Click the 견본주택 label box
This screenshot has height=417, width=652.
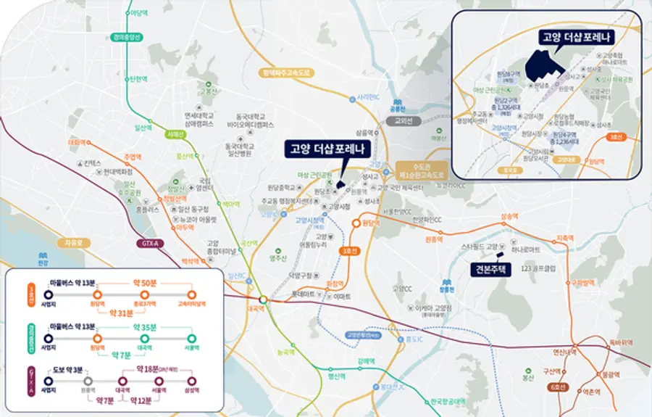pos(490,269)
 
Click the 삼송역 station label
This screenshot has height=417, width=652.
pos(509,216)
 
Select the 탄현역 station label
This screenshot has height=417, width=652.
pos(138,78)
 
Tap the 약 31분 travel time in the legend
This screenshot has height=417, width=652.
pos(121,313)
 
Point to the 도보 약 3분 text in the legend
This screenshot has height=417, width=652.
pos(69,369)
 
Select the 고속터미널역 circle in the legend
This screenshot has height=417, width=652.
pos(192,294)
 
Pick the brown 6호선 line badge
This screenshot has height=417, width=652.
pos(557,387)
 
